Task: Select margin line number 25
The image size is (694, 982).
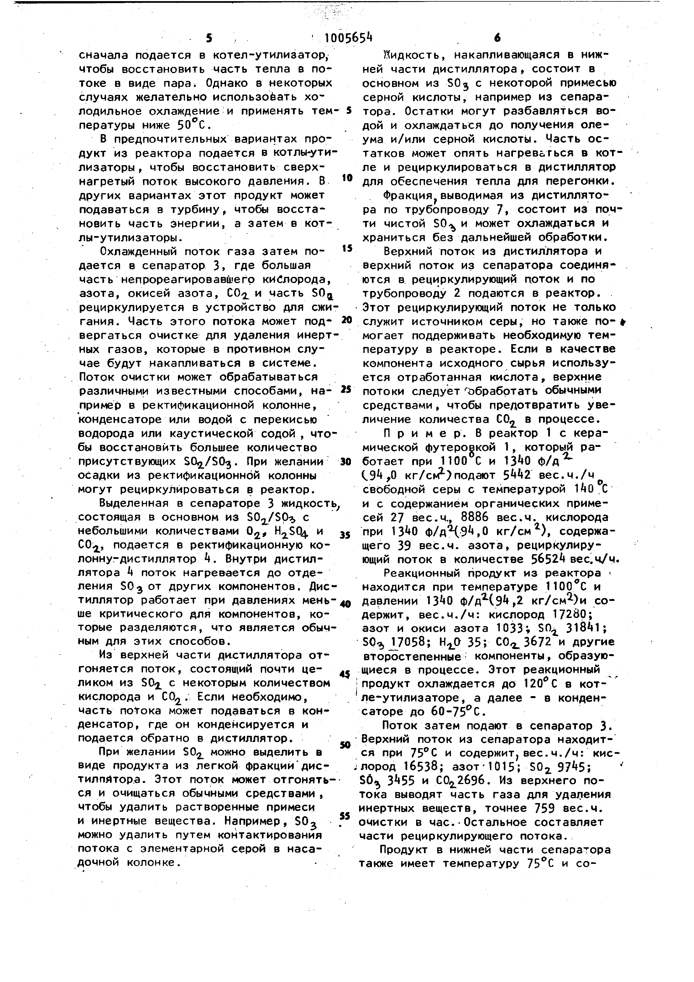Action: coord(346,389)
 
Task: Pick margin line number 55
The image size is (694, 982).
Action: coord(345,816)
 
